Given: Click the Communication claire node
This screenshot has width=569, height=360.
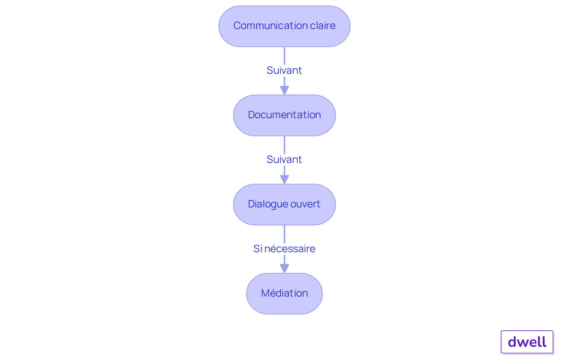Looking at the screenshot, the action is coord(284,26).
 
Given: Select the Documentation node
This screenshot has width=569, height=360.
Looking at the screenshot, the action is coord(284,115).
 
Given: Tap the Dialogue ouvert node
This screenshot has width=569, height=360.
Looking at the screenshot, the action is coord(284,204).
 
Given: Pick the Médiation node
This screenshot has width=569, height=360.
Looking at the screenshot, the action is coord(284,294).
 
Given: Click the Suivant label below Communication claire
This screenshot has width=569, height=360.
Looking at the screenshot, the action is coord(284,70).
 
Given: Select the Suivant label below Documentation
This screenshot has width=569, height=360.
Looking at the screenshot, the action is coord(284,159).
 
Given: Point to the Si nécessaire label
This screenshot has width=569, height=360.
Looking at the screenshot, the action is coord(284,249).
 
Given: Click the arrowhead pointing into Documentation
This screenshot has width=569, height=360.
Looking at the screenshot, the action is coord(284,90).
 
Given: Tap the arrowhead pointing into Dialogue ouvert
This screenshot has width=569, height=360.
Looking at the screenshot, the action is coord(284,180).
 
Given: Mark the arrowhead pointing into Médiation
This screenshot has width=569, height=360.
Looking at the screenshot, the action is coord(284,269).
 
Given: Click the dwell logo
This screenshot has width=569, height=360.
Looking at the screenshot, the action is coord(527,342).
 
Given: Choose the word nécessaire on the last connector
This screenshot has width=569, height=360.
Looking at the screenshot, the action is coord(290,249).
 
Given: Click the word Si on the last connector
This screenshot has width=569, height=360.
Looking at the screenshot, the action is coord(258,249).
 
